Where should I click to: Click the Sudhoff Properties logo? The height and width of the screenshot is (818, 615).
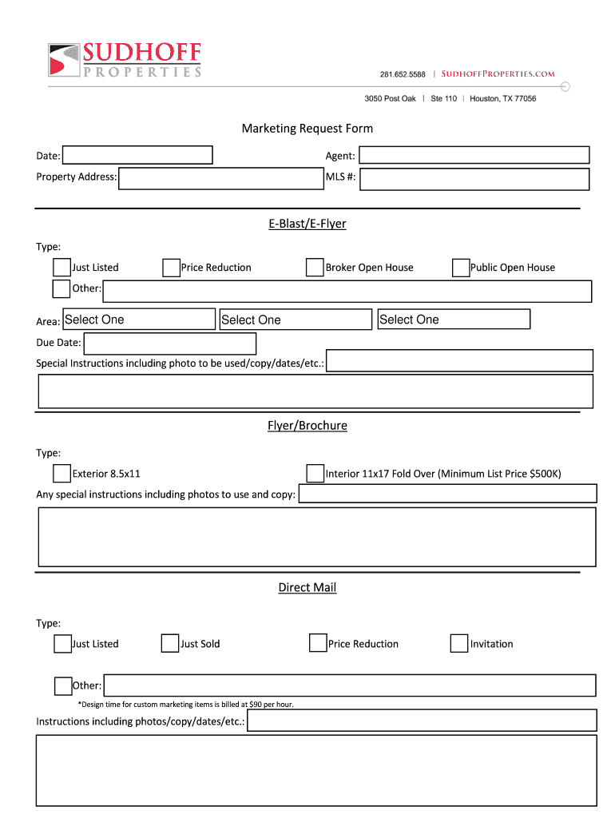pos(124,60)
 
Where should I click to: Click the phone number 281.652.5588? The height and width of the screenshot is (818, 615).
pos(403,74)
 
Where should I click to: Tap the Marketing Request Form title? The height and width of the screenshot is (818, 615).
pos(307,129)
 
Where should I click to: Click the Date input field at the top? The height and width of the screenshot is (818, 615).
pos(137,155)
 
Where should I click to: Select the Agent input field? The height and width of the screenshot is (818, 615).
pos(474,155)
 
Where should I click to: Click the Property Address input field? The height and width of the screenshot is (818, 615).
pos(220,177)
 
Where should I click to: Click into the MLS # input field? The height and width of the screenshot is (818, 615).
pos(474,178)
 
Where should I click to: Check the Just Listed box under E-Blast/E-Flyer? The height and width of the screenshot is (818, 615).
pos(61,268)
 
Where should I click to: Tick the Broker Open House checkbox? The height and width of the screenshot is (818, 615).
pos(315,268)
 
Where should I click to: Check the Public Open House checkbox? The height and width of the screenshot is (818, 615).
pos(460,268)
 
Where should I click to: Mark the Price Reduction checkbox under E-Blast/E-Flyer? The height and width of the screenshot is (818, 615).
pos(171,268)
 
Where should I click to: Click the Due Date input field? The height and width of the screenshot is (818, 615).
pos(169,343)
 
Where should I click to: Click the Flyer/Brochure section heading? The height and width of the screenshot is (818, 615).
pos(307,426)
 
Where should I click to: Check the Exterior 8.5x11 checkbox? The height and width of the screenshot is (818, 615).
pos(61,474)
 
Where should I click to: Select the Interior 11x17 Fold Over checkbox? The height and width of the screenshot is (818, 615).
pos(315,474)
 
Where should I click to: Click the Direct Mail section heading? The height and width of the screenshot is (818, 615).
pos(307,588)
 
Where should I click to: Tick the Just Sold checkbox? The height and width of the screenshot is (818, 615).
pos(169,644)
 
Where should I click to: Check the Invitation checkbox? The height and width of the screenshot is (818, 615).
pos(458,644)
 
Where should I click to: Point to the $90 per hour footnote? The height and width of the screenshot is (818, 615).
pos(190,705)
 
